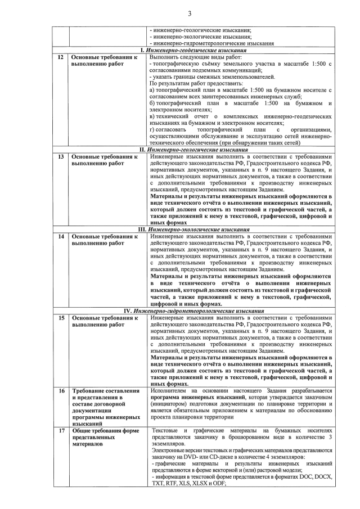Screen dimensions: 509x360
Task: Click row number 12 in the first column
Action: tap(60, 57)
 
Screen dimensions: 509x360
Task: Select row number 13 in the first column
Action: tap(60, 157)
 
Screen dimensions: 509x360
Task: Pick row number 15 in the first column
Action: tap(60, 318)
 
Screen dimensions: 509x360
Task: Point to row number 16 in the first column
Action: tap(60, 390)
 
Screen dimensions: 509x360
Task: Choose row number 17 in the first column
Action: tap(60, 430)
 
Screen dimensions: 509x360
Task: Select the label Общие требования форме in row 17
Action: tap(105, 430)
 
